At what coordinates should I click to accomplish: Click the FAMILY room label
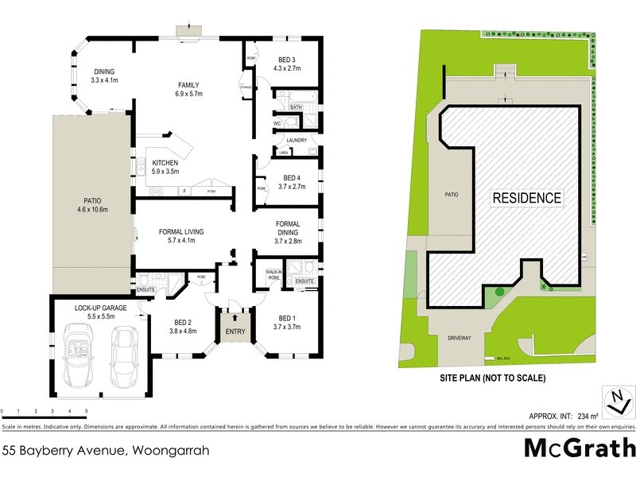tap(188, 85)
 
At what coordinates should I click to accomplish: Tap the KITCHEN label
tap(165, 163)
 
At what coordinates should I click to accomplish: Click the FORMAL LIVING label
tap(181, 231)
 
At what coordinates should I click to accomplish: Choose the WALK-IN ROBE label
tap(274, 276)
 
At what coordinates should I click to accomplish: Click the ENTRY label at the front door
tap(236, 332)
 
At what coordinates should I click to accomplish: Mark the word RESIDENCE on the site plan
tap(527, 198)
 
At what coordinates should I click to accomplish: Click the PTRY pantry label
tap(211, 191)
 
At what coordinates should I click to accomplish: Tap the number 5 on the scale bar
tap(86, 411)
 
